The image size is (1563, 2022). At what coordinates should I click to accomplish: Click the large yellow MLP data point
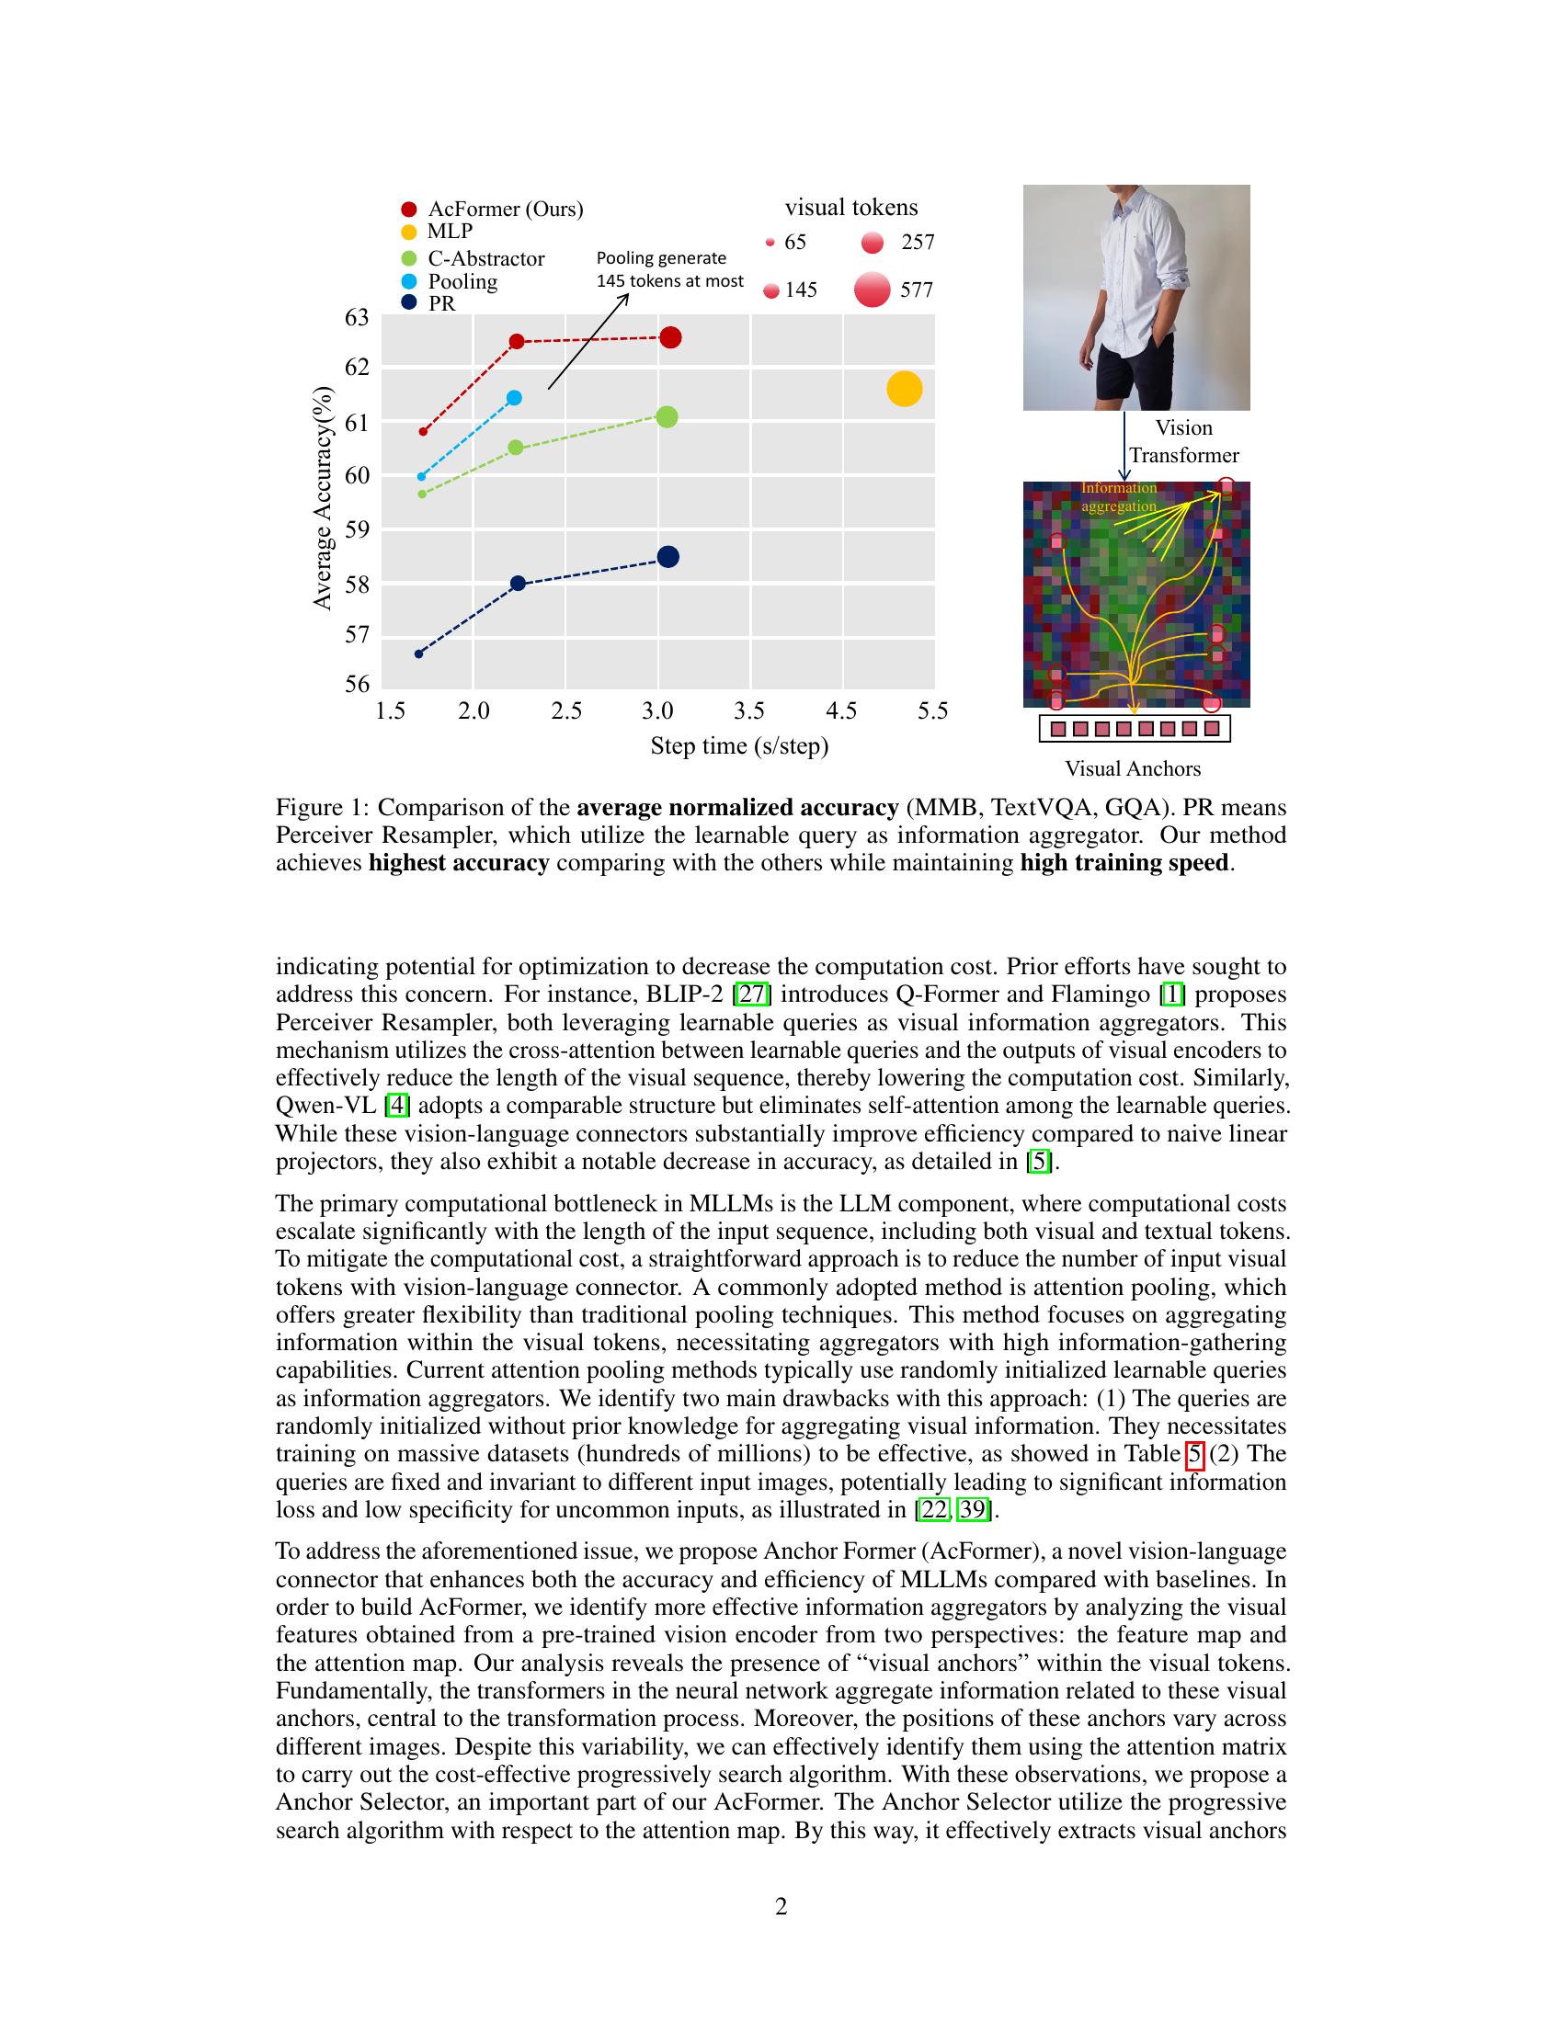(x=904, y=389)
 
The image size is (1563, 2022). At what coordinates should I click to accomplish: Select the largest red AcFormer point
(x=670, y=338)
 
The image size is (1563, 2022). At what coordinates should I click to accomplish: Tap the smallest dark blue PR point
(x=418, y=653)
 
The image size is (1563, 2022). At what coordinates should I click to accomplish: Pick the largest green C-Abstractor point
(x=666, y=417)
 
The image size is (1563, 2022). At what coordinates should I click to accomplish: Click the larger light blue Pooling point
(x=515, y=398)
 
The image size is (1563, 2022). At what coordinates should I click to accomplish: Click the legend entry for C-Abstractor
(x=485, y=258)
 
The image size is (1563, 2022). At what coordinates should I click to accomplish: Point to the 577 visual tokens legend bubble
(x=873, y=290)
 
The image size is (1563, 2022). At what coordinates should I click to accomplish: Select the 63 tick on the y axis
(x=357, y=318)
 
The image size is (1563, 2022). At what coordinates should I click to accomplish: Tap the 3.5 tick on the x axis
(x=749, y=711)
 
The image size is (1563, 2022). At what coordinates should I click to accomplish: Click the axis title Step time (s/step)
(x=739, y=745)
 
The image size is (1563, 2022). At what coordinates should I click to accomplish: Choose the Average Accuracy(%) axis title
(x=322, y=497)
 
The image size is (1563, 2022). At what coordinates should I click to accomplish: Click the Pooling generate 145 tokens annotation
(x=668, y=269)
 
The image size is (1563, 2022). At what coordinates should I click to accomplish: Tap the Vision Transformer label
(x=1183, y=441)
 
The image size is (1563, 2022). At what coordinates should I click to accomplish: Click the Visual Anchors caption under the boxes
(x=1133, y=768)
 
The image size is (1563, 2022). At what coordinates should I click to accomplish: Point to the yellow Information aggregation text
(x=1119, y=497)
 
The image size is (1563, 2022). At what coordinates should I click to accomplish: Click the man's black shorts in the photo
(x=1128, y=370)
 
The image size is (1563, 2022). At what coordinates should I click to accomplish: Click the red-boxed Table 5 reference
(x=1194, y=1454)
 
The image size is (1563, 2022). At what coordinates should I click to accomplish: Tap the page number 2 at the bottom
(x=781, y=1906)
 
